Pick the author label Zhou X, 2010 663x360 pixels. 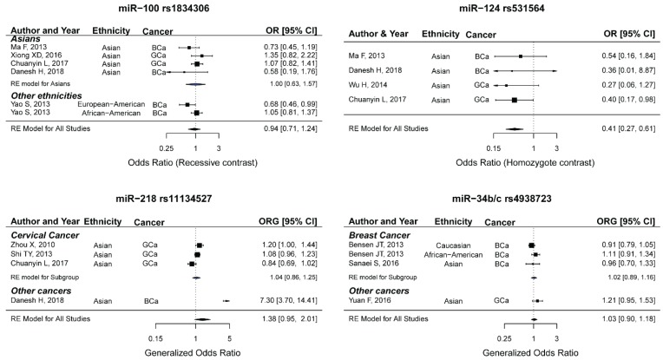click(30, 246)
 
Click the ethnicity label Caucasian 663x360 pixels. click(443, 246)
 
